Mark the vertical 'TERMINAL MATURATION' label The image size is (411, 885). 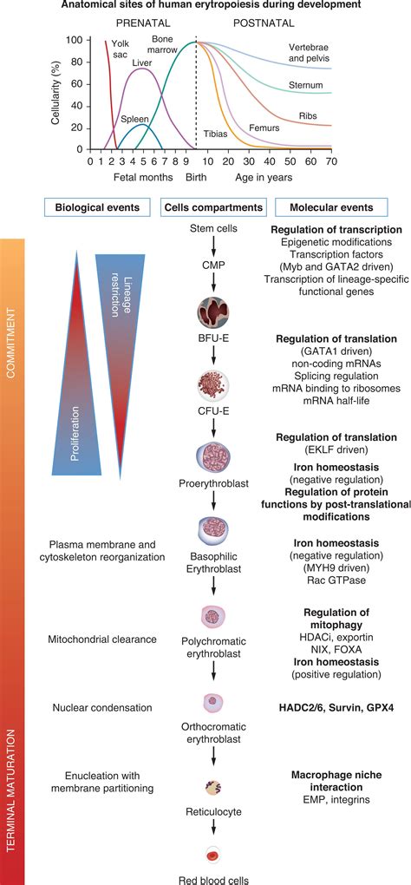12,772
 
